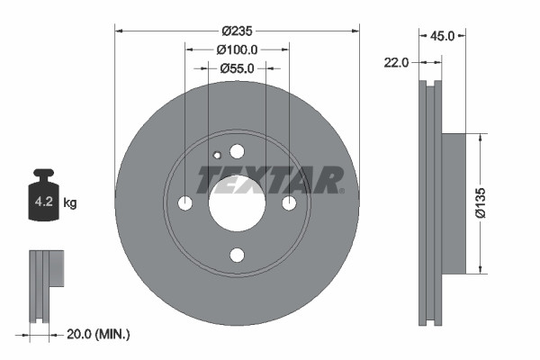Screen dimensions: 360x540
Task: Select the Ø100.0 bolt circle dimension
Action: click(x=237, y=50)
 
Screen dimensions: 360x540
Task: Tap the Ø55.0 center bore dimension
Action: click(x=237, y=67)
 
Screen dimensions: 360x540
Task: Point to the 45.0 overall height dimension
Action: click(x=442, y=37)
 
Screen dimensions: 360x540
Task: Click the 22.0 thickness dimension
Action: click(x=396, y=62)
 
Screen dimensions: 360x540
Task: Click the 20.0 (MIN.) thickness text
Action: click(x=99, y=334)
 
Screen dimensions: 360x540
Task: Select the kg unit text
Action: click(x=70, y=203)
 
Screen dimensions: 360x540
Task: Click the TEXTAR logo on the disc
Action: click(x=270, y=180)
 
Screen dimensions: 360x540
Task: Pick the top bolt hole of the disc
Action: click(x=237, y=151)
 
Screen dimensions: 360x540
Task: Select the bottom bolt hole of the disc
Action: click(x=237, y=256)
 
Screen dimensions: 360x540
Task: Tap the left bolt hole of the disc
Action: click(x=184, y=203)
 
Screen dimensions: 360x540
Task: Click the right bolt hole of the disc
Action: click(x=289, y=203)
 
